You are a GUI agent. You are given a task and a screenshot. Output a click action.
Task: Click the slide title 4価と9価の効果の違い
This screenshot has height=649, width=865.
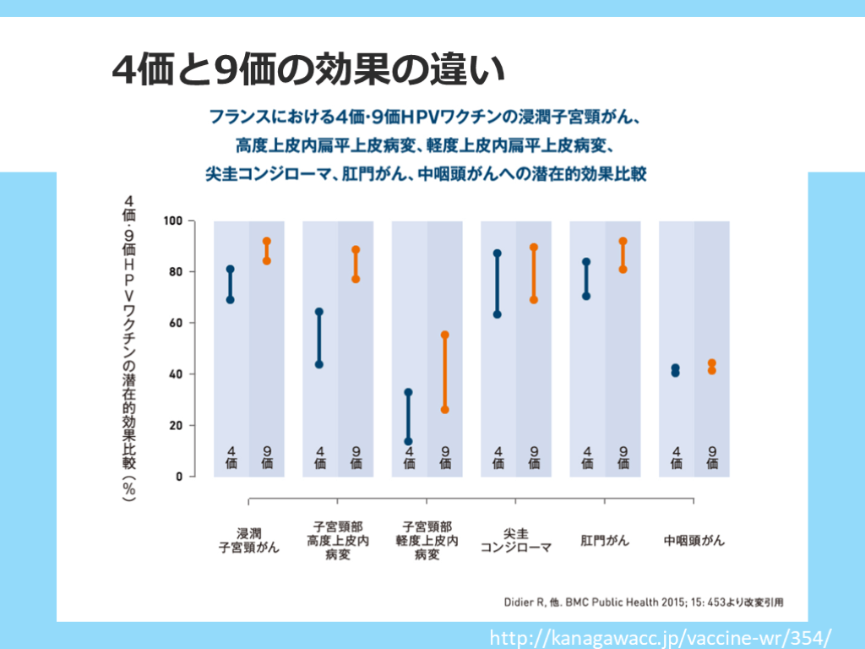308,70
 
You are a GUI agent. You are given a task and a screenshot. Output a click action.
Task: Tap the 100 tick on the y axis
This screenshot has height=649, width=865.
174,221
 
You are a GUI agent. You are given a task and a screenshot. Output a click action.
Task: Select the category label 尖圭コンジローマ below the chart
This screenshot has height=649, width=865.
515,540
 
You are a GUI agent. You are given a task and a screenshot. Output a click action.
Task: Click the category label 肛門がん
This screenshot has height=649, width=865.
605,540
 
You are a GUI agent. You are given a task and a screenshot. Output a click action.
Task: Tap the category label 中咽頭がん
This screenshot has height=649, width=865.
694,540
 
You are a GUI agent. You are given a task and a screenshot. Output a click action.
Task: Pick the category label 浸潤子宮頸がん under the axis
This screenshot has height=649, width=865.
248,540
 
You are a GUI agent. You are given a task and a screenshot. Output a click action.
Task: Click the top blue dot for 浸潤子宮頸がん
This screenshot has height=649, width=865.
231,270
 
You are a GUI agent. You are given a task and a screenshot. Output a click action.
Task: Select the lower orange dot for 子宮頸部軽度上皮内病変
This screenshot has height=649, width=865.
444,410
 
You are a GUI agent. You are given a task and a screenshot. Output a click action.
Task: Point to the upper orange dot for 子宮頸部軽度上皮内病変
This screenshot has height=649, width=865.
444,335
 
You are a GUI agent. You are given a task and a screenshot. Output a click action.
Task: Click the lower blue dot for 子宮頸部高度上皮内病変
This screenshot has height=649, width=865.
319,364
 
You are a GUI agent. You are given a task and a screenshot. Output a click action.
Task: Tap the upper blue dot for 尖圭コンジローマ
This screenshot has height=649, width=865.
498,254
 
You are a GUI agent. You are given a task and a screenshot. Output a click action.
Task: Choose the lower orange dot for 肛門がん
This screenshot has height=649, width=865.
623,270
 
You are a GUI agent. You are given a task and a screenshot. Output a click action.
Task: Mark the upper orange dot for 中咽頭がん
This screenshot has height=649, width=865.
712,363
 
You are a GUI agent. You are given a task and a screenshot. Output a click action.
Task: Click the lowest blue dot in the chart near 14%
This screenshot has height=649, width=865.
409,441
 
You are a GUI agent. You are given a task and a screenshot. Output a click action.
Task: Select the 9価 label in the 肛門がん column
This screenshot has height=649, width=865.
623,457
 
